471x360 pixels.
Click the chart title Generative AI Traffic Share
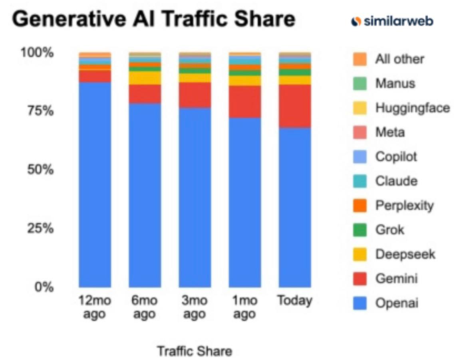pyautogui.click(x=153, y=20)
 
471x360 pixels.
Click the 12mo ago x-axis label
pyautogui.click(x=95, y=307)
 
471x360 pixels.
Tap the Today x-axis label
pyautogui.click(x=295, y=301)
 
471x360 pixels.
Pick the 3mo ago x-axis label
pyautogui.click(x=195, y=307)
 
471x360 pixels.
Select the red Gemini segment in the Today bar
pyautogui.click(x=295, y=106)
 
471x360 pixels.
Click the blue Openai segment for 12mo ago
pyautogui.click(x=95, y=184)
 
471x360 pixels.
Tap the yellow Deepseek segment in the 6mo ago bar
pyautogui.click(x=145, y=78)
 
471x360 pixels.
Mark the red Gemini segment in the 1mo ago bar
pyautogui.click(x=244, y=101)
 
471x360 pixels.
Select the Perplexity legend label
pyautogui.click(x=404, y=206)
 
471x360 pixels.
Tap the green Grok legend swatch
pyautogui.click(x=360, y=230)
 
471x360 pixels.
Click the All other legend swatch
pyautogui.click(x=360, y=59)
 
